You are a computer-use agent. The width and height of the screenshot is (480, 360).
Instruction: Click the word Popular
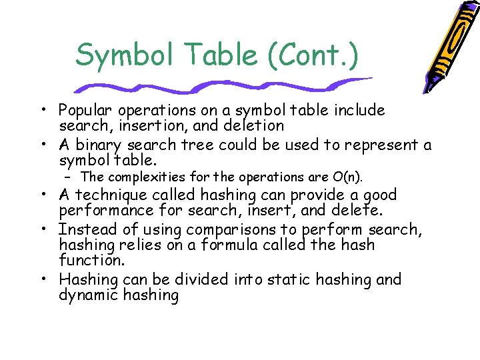click(85, 110)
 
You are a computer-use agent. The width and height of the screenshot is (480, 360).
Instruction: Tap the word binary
click(98, 145)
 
